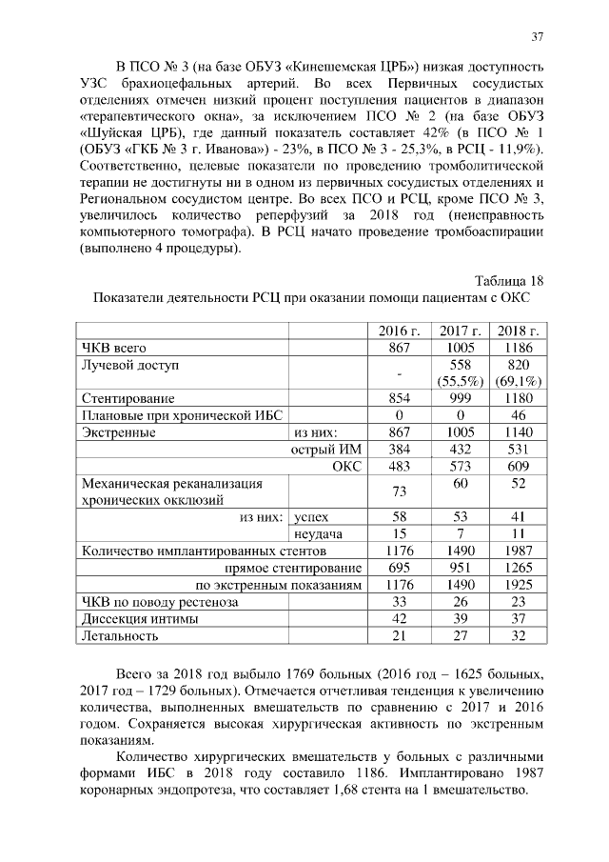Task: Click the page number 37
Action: (x=538, y=36)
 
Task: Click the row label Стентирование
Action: (x=128, y=398)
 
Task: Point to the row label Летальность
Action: (x=119, y=635)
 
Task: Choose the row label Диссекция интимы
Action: (x=140, y=619)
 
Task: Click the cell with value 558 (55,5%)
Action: (x=460, y=373)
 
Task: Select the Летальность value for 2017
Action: (x=460, y=635)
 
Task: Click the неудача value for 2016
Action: (x=400, y=533)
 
